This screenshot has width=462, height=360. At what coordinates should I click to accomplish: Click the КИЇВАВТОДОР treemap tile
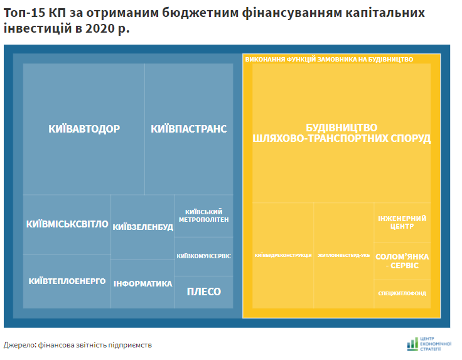83,129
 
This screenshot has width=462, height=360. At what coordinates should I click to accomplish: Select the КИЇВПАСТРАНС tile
188,129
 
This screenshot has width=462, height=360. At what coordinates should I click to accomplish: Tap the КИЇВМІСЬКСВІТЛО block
67,224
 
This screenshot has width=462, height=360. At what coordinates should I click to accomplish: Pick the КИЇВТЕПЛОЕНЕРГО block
67,281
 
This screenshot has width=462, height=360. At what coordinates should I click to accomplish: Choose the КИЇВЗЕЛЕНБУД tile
142,227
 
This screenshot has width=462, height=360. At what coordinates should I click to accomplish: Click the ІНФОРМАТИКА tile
142,283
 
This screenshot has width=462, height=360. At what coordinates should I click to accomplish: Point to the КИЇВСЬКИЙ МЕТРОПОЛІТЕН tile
203,215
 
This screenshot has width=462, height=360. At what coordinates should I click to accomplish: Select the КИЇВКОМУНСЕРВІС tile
203,256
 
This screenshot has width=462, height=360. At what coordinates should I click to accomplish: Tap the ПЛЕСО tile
203,292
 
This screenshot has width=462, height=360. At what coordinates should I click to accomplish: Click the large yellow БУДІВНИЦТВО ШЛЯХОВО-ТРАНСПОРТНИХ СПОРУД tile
341,133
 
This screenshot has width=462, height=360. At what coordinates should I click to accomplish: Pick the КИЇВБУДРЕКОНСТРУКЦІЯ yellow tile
283,255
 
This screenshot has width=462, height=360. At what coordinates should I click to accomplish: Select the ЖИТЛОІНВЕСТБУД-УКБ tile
343,255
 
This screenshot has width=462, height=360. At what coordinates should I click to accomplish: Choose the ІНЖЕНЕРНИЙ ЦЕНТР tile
402,222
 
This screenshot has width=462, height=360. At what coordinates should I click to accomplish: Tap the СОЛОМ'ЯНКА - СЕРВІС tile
402,261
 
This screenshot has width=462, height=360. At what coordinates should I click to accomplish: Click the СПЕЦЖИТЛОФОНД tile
402,293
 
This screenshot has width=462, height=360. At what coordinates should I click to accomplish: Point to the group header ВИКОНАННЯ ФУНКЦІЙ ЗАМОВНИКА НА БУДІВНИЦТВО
329,59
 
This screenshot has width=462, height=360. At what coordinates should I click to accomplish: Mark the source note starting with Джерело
78,345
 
